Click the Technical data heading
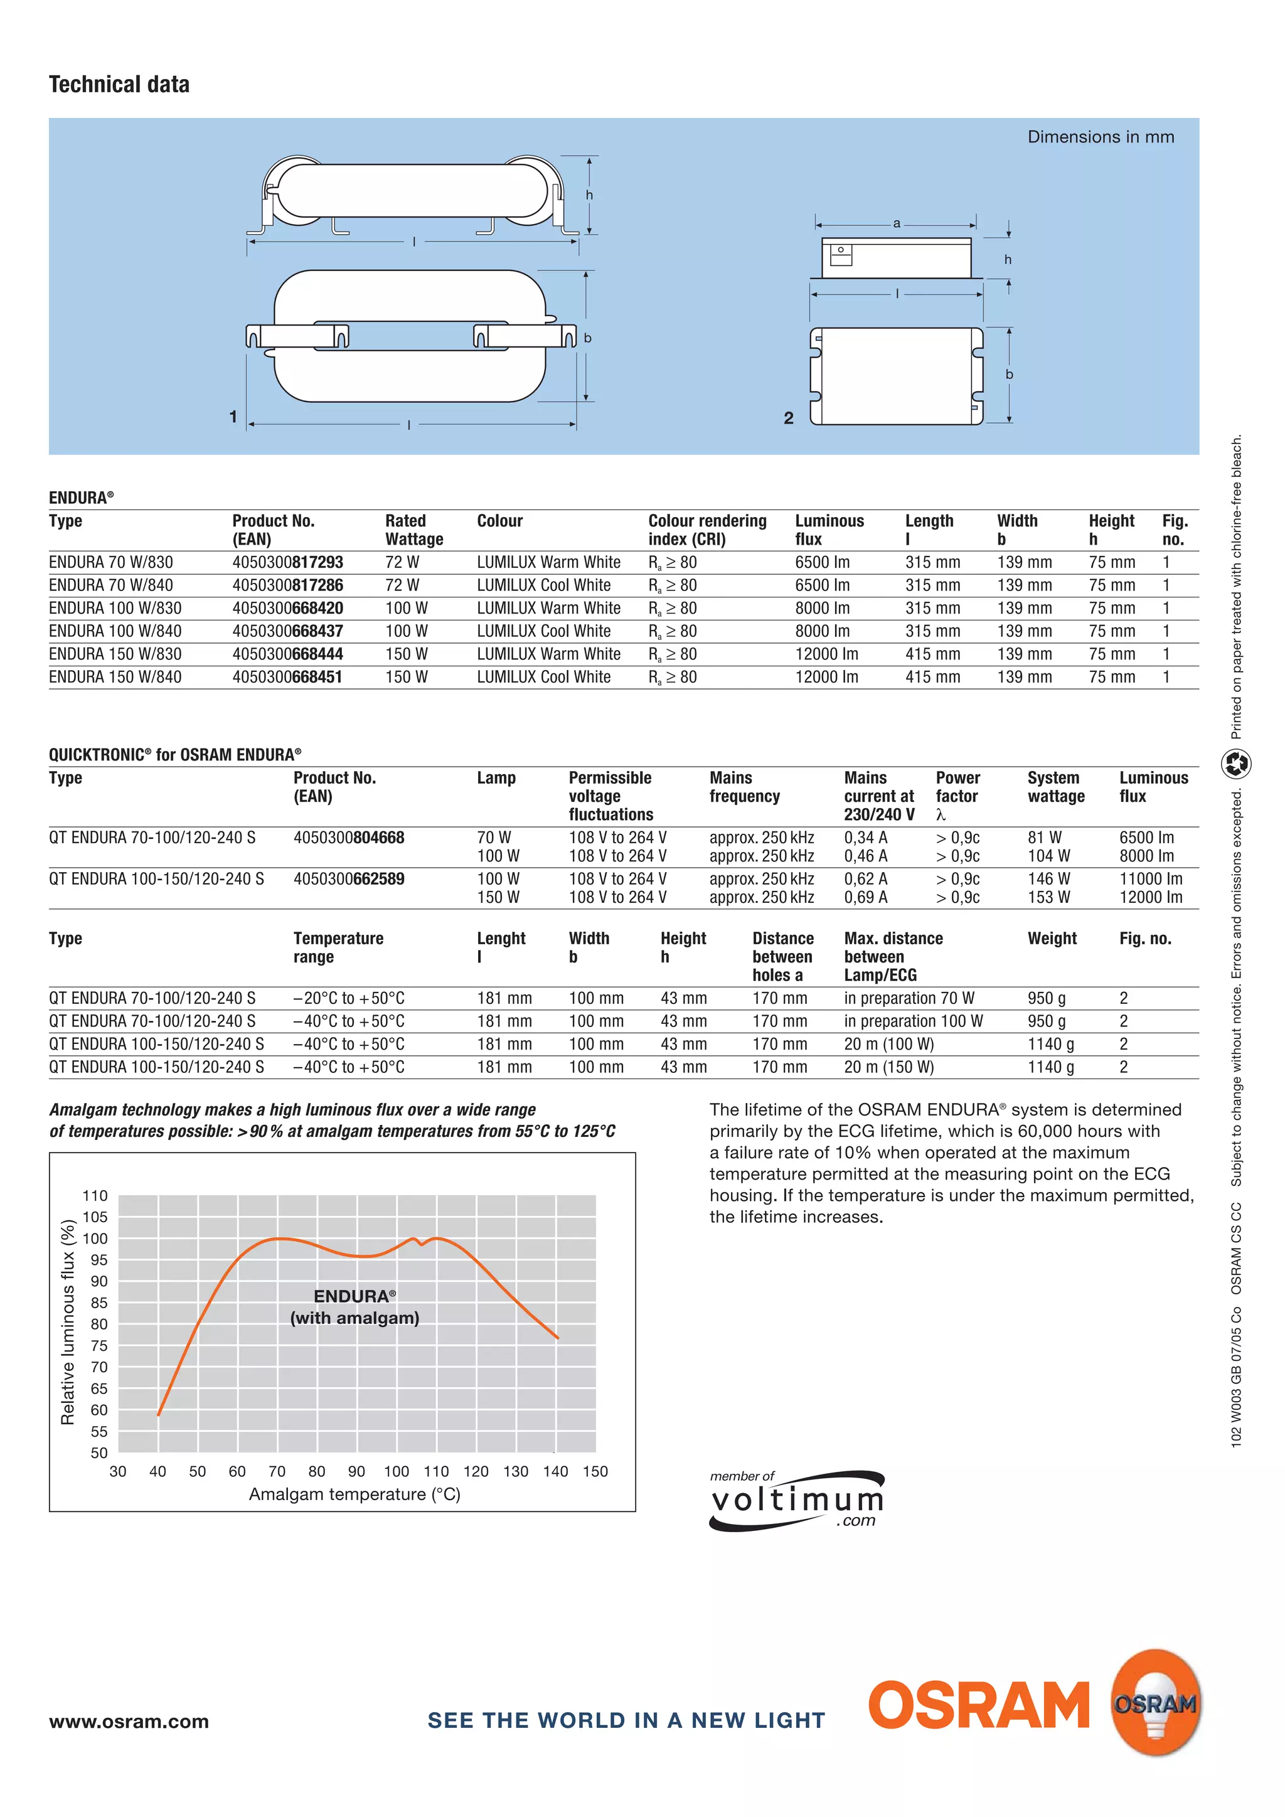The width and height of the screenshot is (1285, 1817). click(x=119, y=85)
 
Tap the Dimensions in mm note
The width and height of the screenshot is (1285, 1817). click(x=1100, y=137)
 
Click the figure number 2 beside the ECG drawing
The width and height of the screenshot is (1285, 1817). click(x=788, y=418)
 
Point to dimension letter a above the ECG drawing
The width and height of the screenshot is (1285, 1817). click(x=897, y=224)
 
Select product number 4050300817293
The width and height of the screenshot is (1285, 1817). click(x=287, y=563)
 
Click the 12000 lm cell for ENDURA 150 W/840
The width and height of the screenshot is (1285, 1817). click(x=826, y=678)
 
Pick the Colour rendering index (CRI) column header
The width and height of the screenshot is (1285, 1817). click(x=706, y=530)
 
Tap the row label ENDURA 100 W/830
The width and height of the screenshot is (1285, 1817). click(x=115, y=609)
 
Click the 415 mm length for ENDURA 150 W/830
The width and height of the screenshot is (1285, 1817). click(x=932, y=654)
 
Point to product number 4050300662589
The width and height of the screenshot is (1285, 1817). click(x=348, y=879)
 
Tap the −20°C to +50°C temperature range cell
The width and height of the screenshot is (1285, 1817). click(x=348, y=999)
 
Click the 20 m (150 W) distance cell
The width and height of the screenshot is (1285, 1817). click(x=888, y=1068)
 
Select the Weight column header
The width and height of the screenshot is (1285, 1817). click(x=1052, y=939)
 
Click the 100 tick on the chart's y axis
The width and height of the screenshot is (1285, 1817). click(x=95, y=1239)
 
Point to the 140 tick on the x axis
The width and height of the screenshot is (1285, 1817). click(x=555, y=1471)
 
